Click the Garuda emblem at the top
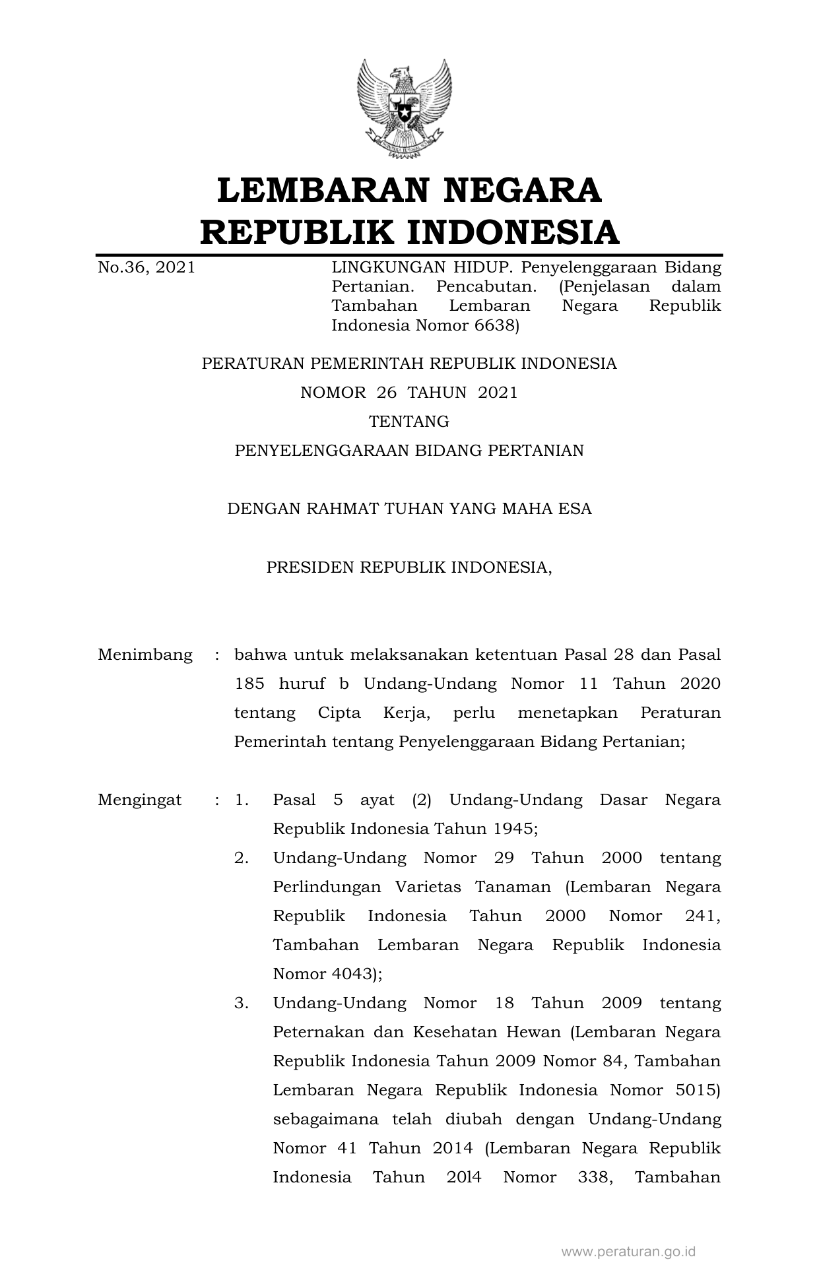tap(404, 110)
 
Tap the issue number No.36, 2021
tap(147, 268)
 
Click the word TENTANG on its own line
tap(409, 422)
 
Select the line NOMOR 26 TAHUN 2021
tap(409, 393)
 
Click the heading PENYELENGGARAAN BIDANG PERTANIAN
tap(409, 451)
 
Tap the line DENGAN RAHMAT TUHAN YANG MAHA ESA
tap(409, 509)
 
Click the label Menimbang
tap(145, 655)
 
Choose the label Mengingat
tap(140, 800)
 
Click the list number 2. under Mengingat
tap(242, 858)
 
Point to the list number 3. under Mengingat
tap(242, 1004)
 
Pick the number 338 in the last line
tap(592, 1178)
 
